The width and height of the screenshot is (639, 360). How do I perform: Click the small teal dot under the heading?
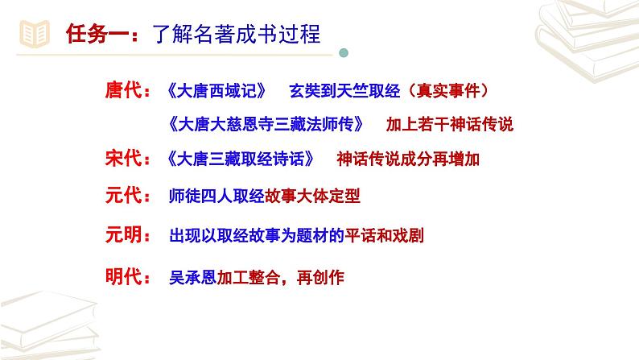(x=344, y=53)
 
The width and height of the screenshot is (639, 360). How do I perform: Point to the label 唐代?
(x=123, y=90)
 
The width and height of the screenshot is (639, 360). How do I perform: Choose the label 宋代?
(x=123, y=159)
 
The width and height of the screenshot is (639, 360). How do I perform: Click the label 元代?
(x=123, y=196)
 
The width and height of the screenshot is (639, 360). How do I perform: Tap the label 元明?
(x=123, y=235)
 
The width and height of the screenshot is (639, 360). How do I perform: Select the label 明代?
(x=123, y=278)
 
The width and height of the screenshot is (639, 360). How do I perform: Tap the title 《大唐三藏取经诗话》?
(x=242, y=159)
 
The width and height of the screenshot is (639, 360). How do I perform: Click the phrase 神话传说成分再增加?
(x=408, y=159)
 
